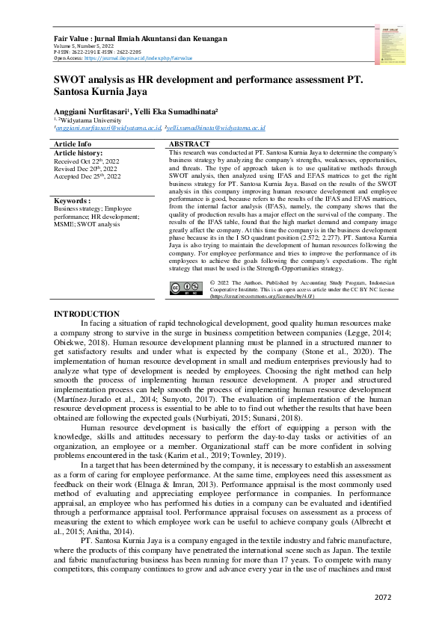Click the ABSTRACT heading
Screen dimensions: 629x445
(x=190, y=143)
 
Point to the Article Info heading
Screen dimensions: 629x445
(x=73, y=143)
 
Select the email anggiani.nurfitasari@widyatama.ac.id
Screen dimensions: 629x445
(x=108, y=128)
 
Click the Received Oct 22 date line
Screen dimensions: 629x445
(x=88, y=161)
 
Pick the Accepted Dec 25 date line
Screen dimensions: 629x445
(x=88, y=176)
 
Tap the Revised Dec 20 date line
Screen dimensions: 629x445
(x=87, y=168)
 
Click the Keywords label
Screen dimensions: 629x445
(x=73, y=201)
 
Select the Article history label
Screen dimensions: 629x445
(x=82, y=152)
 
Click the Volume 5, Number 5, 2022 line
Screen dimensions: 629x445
(x=87, y=45)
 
